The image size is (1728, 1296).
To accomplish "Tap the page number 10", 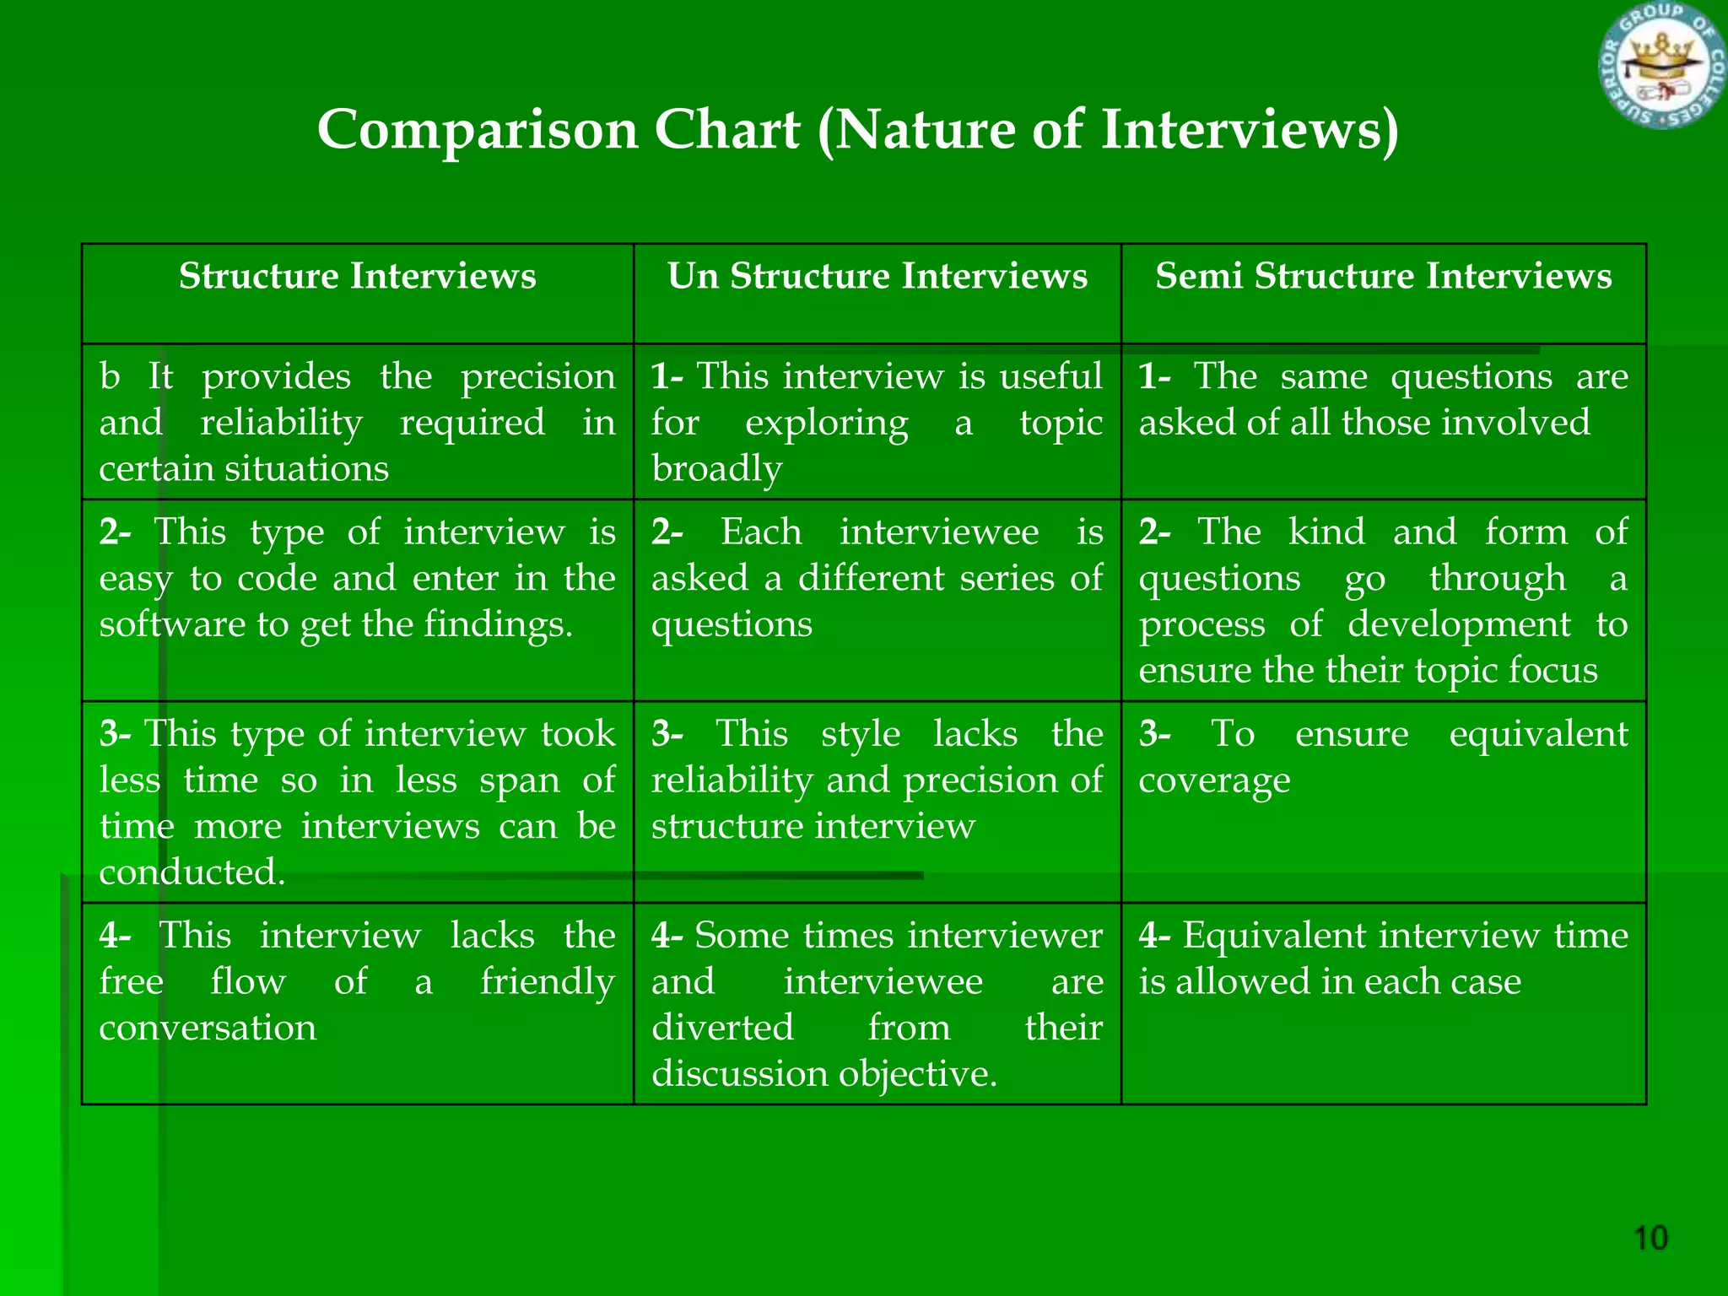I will tap(1650, 1239).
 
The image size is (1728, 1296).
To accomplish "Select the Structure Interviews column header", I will tap(357, 277).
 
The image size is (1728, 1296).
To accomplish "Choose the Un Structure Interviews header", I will tap(877, 277).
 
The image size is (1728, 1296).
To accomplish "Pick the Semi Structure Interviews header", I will tap(1383, 277).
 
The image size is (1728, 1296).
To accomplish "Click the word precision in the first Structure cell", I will tap(537, 377).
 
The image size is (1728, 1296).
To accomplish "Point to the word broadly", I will tap(716, 469).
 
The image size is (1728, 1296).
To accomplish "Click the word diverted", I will tap(722, 1029).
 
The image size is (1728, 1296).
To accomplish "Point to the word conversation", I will tap(208, 1029).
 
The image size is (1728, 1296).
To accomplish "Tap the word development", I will tap(1458, 625).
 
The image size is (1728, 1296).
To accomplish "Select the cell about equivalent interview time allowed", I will tap(1383, 1002).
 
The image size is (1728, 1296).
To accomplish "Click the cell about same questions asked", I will tap(1383, 420).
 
